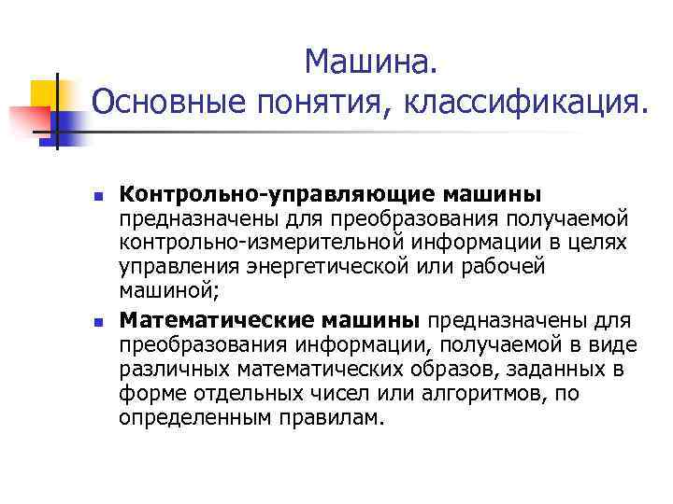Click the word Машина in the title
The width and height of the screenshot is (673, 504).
(368, 63)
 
